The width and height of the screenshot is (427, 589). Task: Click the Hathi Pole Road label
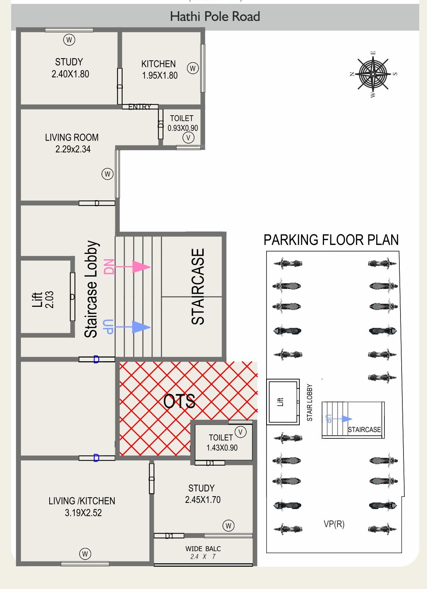215,17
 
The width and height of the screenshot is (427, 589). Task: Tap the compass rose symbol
373,74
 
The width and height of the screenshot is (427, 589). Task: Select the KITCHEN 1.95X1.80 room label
159,69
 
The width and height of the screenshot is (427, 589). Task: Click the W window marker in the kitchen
193,68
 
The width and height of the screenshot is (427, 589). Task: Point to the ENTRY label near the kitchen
140,107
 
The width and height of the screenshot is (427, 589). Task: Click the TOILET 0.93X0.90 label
182,123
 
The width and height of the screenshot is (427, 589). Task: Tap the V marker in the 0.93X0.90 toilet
188,138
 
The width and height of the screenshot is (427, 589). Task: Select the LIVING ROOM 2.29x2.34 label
72,143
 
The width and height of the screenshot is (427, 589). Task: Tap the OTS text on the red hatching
180,401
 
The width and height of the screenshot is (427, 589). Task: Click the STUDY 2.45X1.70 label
202,494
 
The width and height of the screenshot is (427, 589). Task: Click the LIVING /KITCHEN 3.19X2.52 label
82,507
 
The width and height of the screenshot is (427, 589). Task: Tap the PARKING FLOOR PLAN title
331,240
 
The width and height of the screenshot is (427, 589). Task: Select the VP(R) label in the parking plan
334,524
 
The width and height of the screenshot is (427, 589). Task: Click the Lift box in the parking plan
283,401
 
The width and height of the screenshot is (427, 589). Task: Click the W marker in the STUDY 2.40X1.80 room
69,40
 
